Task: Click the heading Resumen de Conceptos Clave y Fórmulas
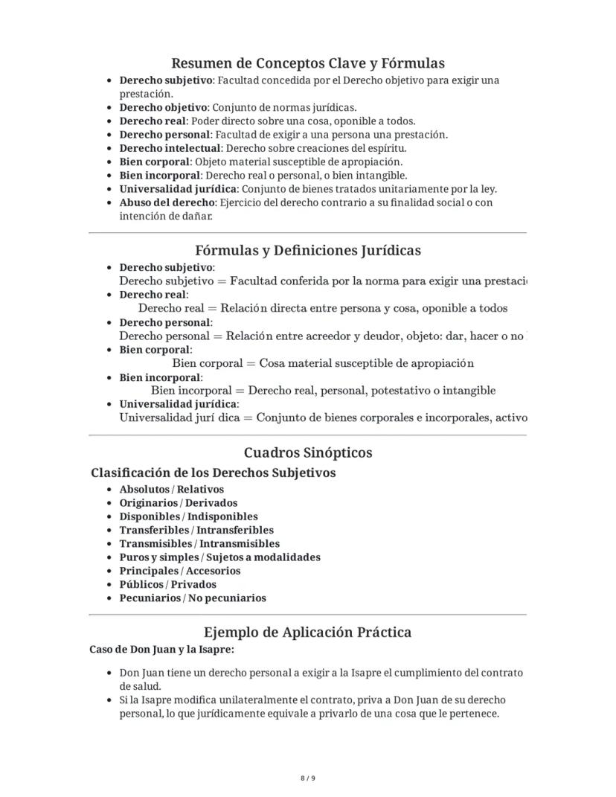pos(308,63)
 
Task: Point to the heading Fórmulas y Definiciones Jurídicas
pos(308,251)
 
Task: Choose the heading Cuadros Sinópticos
pos(308,453)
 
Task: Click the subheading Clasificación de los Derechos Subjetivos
pos(214,473)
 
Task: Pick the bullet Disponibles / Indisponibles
pos(189,516)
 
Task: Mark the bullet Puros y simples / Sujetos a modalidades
pos(220,557)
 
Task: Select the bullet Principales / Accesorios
pos(180,571)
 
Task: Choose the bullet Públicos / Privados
pos(168,584)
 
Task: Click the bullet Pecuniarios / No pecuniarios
pos(193,598)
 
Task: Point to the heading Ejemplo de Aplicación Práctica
pos(308,633)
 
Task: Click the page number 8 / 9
pos(308,778)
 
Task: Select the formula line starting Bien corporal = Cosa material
pos(323,363)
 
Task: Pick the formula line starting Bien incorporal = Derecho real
pos(323,390)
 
